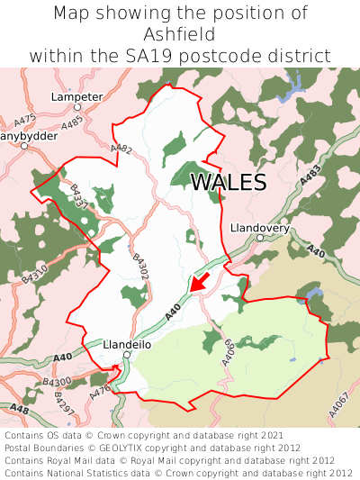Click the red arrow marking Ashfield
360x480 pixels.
coord(202,282)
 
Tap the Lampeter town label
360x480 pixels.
coord(78,95)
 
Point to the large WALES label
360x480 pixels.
coord(229,182)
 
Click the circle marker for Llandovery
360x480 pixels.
coord(260,238)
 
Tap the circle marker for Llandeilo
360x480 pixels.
coord(127,355)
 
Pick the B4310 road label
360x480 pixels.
coord(34,271)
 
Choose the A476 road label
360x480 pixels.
coord(101,388)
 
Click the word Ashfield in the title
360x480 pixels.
coord(180,34)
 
